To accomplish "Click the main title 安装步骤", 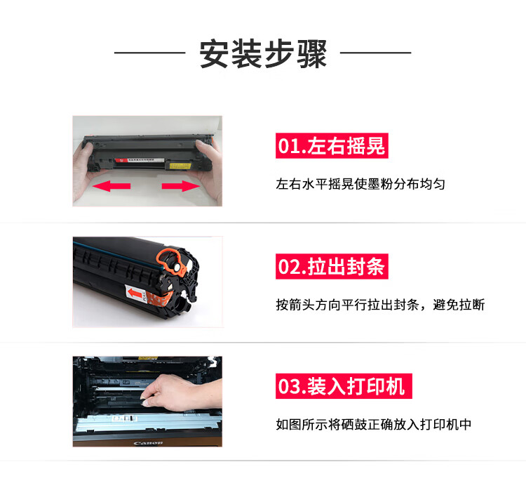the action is click(263, 54).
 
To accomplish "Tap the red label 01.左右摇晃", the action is click(332, 145).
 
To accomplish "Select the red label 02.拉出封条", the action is click(332, 266).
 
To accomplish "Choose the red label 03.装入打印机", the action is click(344, 386).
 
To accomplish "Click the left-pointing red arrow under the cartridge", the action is click(112, 186).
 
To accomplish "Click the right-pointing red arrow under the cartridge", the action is click(181, 186).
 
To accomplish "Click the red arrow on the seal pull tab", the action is click(135, 294).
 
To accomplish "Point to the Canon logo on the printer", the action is click(148, 443).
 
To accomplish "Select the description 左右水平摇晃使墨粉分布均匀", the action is click(360, 184).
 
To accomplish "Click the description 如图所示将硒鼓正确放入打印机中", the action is click(374, 424).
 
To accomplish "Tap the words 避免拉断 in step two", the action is click(459, 305).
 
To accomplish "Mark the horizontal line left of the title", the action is click(149, 53).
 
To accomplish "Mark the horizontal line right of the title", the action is click(376, 53).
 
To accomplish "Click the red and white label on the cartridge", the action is click(140, 160).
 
